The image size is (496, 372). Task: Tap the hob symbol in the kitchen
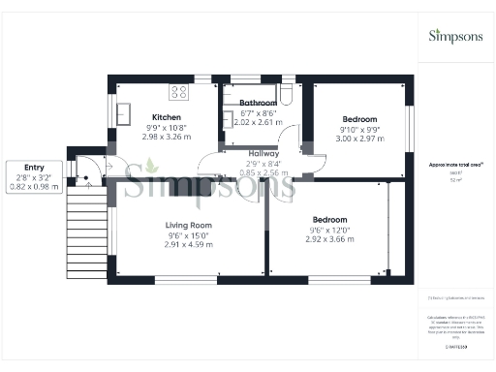click(179, 93)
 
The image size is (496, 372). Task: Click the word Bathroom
click(259, 103)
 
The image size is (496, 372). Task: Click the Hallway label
click(263, 153)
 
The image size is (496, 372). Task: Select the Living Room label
click(188, 225)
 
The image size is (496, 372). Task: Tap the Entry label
click(19, 165)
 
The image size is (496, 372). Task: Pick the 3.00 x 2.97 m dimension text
click(360, 139)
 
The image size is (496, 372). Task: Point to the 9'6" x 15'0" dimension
click(188, 235)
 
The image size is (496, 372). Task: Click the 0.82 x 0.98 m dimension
click(28, 186)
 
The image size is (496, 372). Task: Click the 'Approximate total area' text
click(456, 165)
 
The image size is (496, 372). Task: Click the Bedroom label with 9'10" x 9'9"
click(359, 118)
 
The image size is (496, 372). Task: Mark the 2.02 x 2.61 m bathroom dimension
click(259, 123)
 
